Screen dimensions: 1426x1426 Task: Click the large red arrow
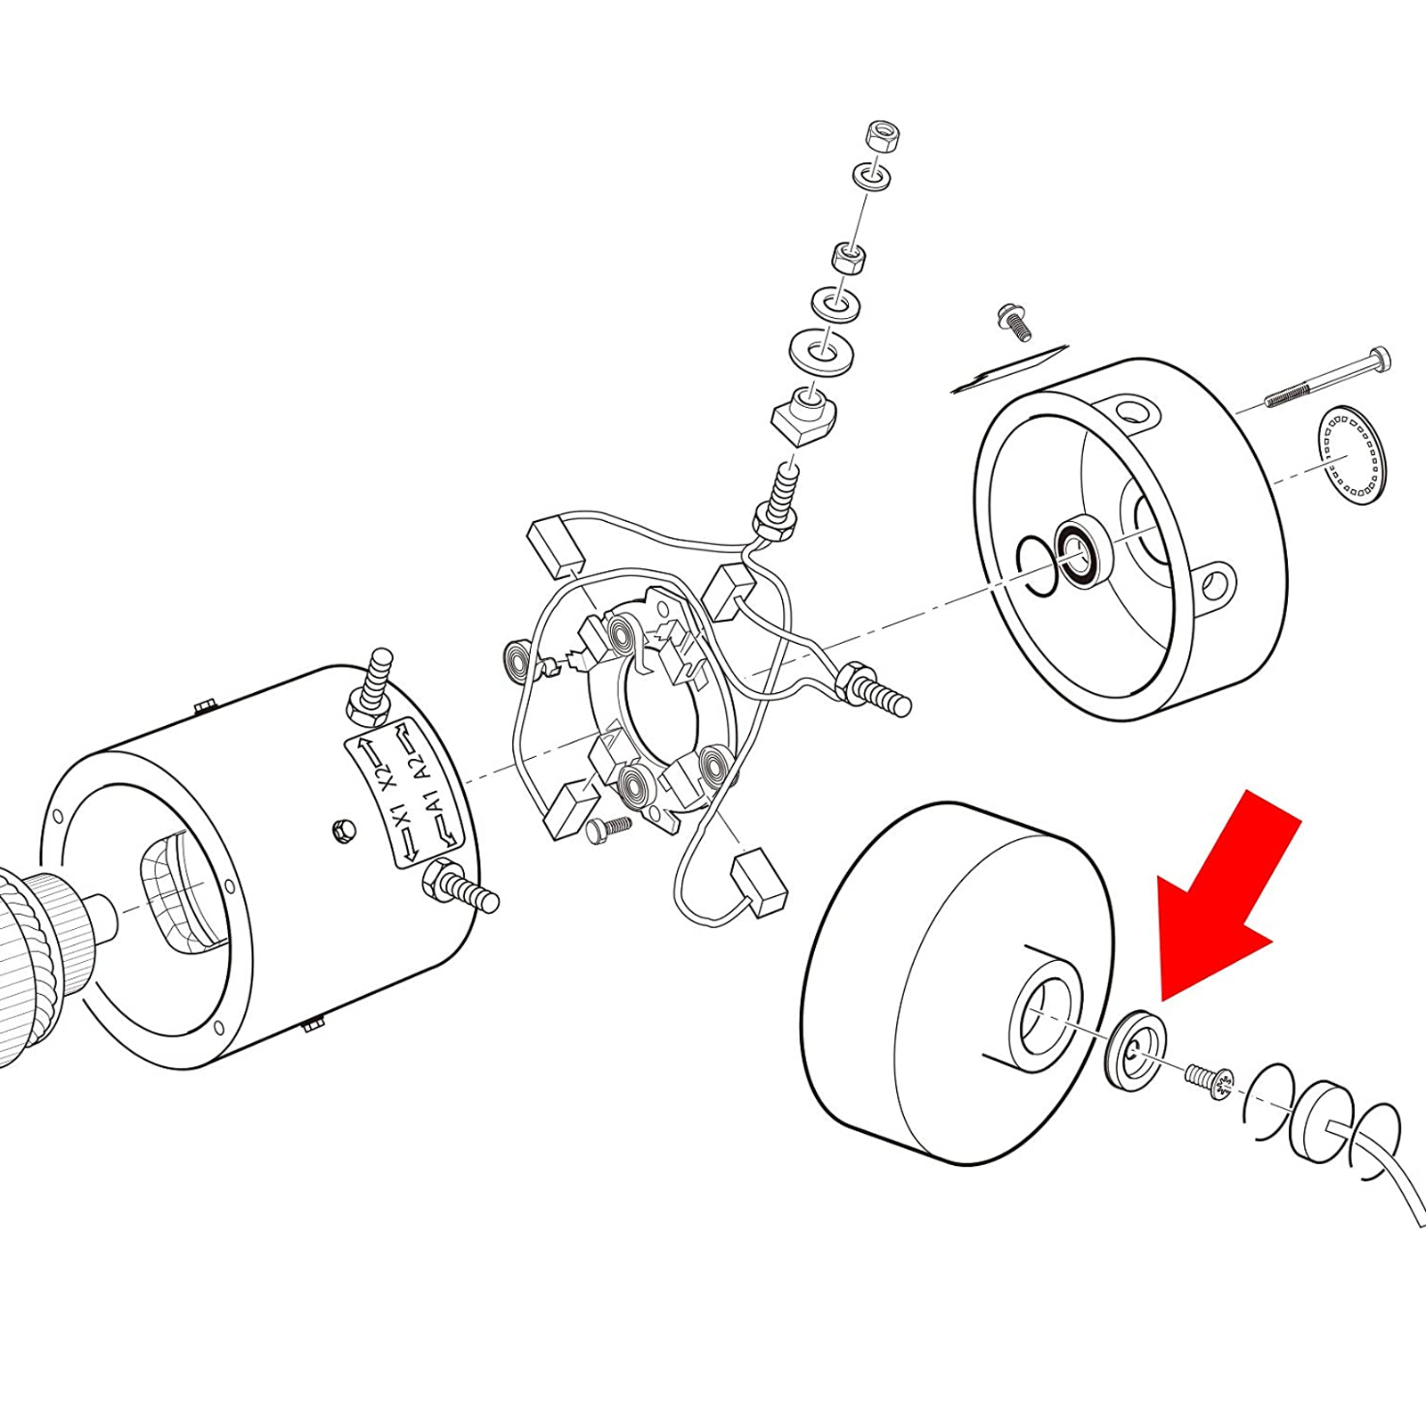1229,900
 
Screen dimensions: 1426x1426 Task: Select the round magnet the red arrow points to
1136,1049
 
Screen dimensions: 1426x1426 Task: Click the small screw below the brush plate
609,827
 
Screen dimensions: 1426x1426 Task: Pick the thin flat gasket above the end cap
1010,368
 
